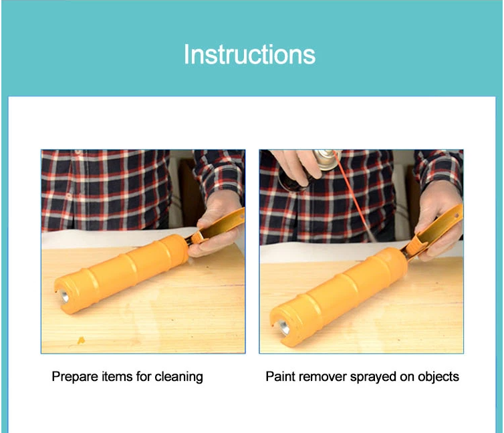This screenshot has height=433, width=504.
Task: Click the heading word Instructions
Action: (x=249, y=54)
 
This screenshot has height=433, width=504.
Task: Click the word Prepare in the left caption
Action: (x=75, y=377)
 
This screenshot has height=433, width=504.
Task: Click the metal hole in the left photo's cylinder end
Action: (x=64, y=296)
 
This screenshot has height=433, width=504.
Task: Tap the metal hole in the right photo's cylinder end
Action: (x=283, y=327)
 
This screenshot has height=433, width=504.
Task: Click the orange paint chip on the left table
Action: (x=82, y=340)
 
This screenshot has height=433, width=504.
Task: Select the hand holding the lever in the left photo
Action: (x=218, y=224)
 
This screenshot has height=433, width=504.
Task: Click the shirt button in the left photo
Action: (x=69, y=196)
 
